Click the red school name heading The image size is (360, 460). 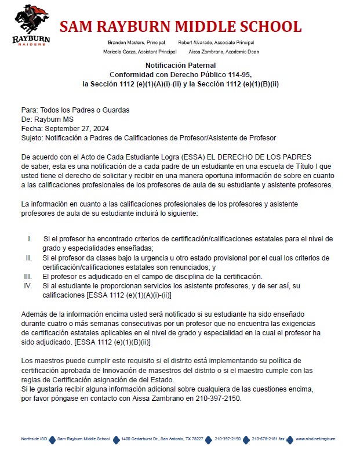180,27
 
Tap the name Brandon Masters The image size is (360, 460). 126,42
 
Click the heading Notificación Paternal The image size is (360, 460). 180,66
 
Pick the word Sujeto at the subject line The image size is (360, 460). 31,138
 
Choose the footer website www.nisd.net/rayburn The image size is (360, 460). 315,439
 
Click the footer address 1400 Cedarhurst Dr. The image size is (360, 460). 137,439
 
